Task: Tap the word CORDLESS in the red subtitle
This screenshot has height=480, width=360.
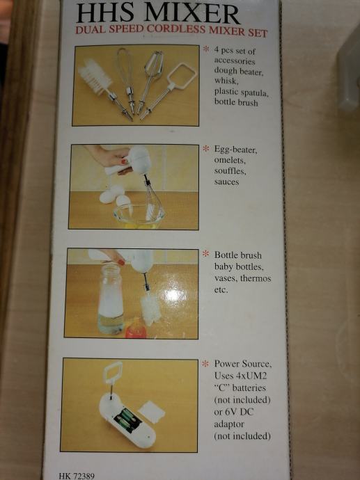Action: (x=176, y=29)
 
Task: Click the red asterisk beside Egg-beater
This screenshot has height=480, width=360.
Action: (x=206, y=149)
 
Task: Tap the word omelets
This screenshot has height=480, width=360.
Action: (x=230, y=160)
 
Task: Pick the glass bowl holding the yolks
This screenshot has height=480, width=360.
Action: (x=139, y=216)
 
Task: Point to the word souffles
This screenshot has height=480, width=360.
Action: (x=230, y=171)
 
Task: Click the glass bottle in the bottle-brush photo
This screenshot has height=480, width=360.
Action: (x=111, y=299)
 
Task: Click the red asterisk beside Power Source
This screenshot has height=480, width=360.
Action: (x=205, y=363)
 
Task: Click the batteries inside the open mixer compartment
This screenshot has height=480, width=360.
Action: (x=128, y=419)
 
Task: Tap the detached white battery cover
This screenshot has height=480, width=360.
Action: (x=152, y=412)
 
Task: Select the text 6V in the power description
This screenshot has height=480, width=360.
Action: (x=230, y=412)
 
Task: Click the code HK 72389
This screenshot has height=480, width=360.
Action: (x=77, y=476)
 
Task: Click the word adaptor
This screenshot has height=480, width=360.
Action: (x=229, y=424)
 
